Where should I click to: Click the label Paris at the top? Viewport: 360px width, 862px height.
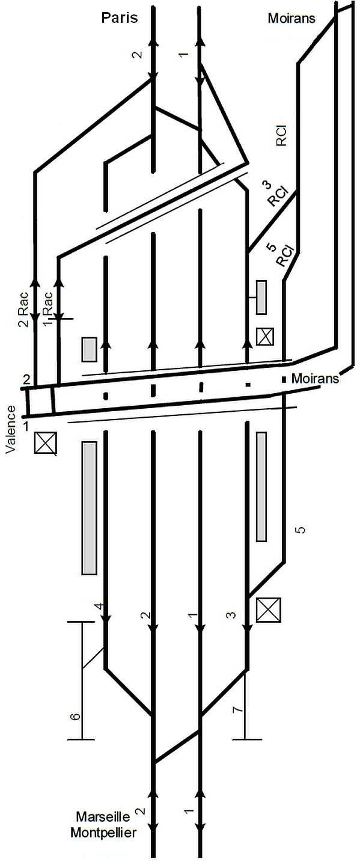[x=119, y=17]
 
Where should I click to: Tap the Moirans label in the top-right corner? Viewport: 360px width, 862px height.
[x=291, y=18]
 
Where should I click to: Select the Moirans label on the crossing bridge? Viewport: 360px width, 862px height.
[x=315, y=378]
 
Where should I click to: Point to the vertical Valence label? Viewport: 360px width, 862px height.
[x=11, y=429]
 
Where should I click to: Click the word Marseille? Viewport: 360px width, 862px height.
[x=103, y=816]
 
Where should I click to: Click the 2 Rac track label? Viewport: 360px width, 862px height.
[x=24, y=310]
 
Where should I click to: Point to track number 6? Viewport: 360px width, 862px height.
[x=76, y=716]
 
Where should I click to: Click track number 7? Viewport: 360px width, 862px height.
[x=239, y=709]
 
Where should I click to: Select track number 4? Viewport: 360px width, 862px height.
[x=100, y=607]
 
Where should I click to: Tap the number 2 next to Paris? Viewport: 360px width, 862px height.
[x=137, y=54]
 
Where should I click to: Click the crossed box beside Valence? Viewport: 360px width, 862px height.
[x=46, y=442]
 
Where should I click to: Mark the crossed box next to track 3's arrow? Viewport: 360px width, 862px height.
[x=269, y=610]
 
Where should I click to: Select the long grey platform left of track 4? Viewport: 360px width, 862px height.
[x=89, y=508]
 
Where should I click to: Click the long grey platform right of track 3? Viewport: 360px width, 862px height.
[x=261, y=487]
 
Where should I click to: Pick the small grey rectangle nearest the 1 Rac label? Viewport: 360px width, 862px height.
[x=89, y=349]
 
